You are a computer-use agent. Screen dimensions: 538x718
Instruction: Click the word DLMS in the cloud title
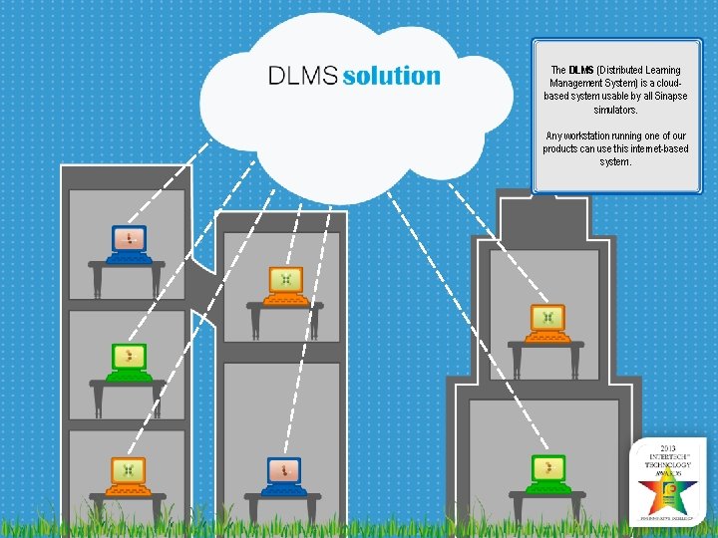(x=302, y=76)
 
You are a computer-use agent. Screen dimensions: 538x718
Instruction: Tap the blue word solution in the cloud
(x=391, y=76)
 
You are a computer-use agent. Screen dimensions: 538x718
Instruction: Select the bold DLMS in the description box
(x=580, y=71)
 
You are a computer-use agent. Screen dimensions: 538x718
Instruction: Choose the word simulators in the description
(x=614, y=110)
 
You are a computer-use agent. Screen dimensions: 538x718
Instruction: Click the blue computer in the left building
(x=128, y=242)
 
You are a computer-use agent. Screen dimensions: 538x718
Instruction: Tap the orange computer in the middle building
(x=286, y=284)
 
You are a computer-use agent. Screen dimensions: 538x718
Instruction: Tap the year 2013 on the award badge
(x=668, y=448)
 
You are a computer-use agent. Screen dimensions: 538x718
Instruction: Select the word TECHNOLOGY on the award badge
(x=668, y=464)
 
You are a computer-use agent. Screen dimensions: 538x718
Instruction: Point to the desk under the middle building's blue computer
(x=284, y=497)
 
